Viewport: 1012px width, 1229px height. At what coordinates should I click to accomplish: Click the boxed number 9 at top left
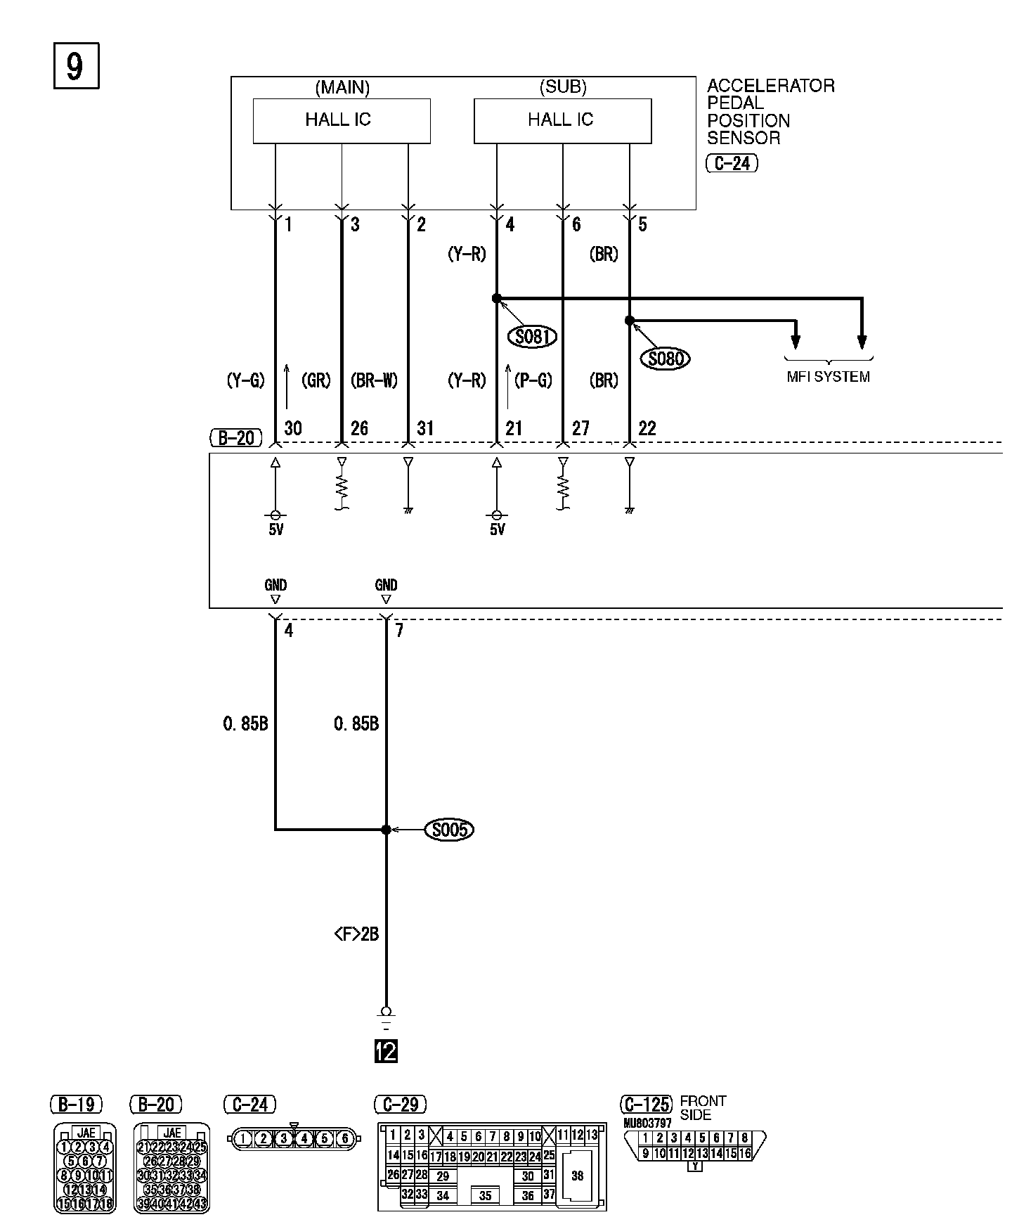point(76,66)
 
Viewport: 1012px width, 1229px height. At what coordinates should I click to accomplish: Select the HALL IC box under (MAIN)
point(342,120)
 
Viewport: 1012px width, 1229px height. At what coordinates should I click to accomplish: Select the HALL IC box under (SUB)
point(562,120)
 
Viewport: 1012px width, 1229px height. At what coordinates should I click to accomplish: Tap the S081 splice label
point(532,337)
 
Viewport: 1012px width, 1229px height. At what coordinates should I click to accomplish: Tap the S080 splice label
point(665,359)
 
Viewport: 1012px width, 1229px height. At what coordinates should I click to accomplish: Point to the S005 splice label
point(449,830)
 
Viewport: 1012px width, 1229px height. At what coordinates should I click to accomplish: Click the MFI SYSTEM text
point(828,377)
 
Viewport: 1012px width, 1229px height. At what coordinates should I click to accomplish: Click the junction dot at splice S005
point(386,830)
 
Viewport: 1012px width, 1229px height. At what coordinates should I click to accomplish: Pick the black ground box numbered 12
point(387,1052)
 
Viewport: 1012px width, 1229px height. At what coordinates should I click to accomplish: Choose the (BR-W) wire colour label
point(374,380)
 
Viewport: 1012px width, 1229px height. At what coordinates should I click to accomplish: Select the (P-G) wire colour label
point(533,380)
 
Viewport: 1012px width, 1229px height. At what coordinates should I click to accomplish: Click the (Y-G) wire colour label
point(245,380)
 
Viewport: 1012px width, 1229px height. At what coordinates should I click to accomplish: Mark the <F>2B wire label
point(356,934)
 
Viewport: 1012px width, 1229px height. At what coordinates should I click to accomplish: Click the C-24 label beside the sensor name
point(732,164)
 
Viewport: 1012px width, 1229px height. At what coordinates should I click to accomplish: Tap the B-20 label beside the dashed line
point(236,438)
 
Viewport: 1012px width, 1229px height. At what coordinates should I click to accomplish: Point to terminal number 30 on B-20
point(293,428)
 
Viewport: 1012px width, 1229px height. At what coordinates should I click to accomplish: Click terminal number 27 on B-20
point(580,428)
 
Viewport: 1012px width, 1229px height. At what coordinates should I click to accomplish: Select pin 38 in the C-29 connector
point(578,1176)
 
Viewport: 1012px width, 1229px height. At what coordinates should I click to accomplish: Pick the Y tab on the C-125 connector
point(695,1166)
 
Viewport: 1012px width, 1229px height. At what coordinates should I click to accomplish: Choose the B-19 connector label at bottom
point(77,1105)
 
